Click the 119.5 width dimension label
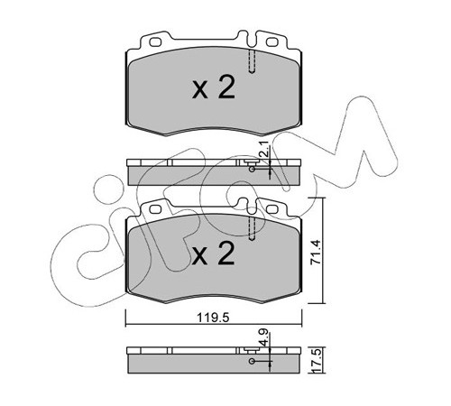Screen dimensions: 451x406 coord(213,318)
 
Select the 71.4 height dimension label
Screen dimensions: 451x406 coord(316,252)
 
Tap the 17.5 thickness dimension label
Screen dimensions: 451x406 coord(318,361)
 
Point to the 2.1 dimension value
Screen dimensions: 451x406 coord(265,152)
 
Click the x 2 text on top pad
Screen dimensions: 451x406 coord(214,88)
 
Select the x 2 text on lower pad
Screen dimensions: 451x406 coord(214,254)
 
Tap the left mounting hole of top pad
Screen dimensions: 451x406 coord(155,42)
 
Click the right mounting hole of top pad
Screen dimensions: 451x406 coord(272,42)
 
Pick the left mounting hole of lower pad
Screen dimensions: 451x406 coord(155,209)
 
